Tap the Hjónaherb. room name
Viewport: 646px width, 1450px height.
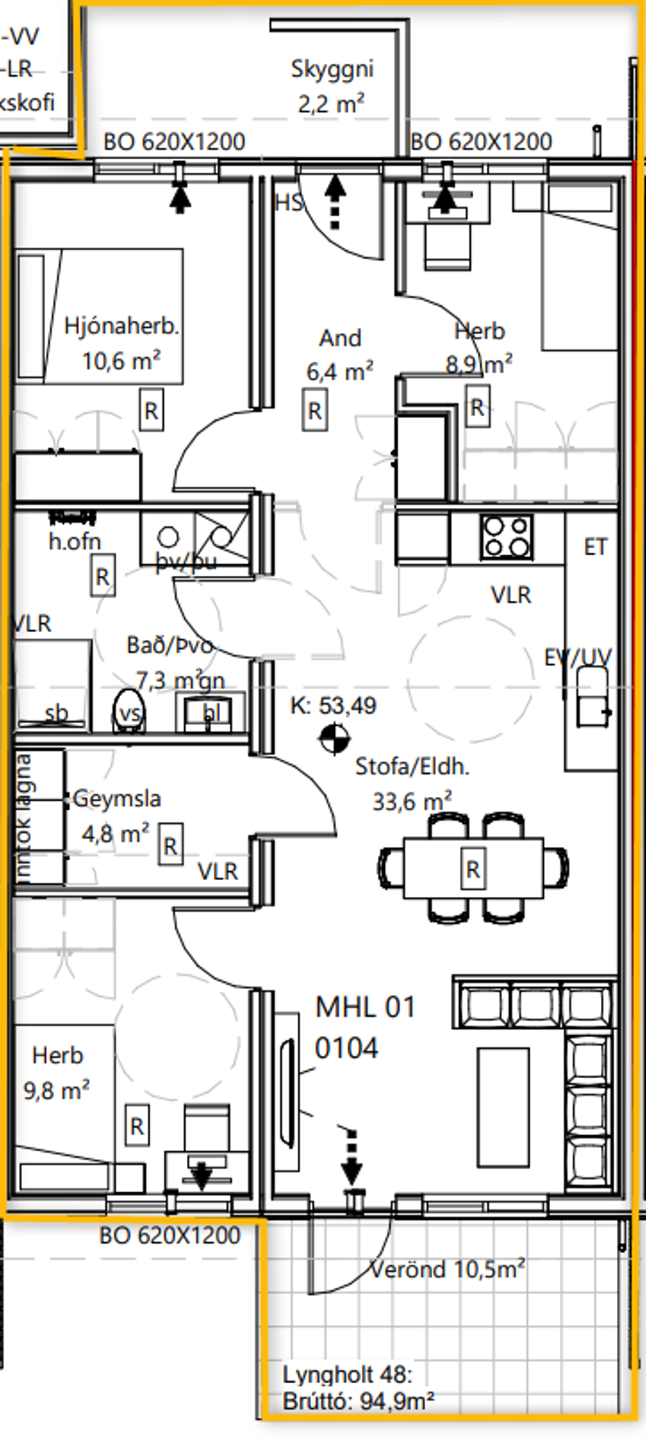pos(121,326)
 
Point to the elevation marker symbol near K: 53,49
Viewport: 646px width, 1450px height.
pos(334,739)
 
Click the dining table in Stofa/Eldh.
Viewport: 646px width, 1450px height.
pos(473,868)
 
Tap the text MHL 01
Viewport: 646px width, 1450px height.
pos(365,1007)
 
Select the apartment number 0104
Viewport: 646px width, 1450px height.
pos(346,1048)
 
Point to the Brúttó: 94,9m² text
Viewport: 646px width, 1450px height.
pos(358,1401)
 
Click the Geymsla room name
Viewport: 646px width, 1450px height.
pos(117,798)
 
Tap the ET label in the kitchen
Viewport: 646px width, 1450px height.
pos(595,547)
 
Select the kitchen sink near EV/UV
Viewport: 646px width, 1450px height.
pos(592,696)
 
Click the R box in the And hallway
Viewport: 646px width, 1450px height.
pos(314,411)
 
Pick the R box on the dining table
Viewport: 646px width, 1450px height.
pos(473,869)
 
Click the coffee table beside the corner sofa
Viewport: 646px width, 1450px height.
pos(503,1107)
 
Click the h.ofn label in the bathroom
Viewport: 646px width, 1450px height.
pos(75,541)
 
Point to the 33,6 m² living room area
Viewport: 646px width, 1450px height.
pos(412,801)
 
